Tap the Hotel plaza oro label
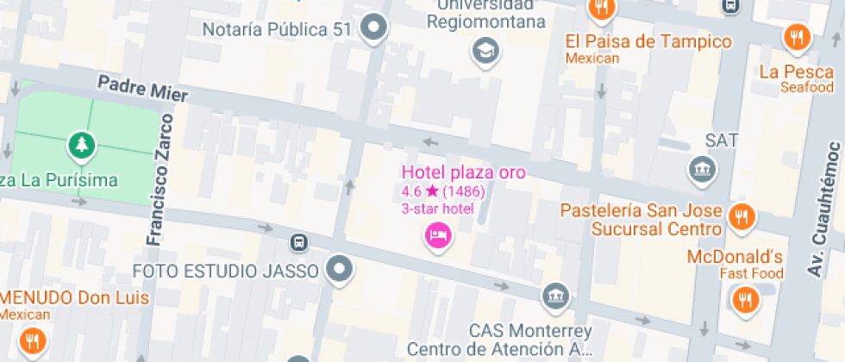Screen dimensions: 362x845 tap(463, 172)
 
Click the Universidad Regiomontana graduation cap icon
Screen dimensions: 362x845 tap(485, 52)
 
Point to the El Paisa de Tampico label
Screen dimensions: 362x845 tap(648, 41)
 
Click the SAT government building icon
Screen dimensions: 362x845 tap(703, 169)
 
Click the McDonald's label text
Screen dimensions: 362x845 tap(735, 257)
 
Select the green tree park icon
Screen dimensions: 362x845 tap(83, 147)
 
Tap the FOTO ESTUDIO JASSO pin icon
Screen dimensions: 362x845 tap(340, 271)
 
